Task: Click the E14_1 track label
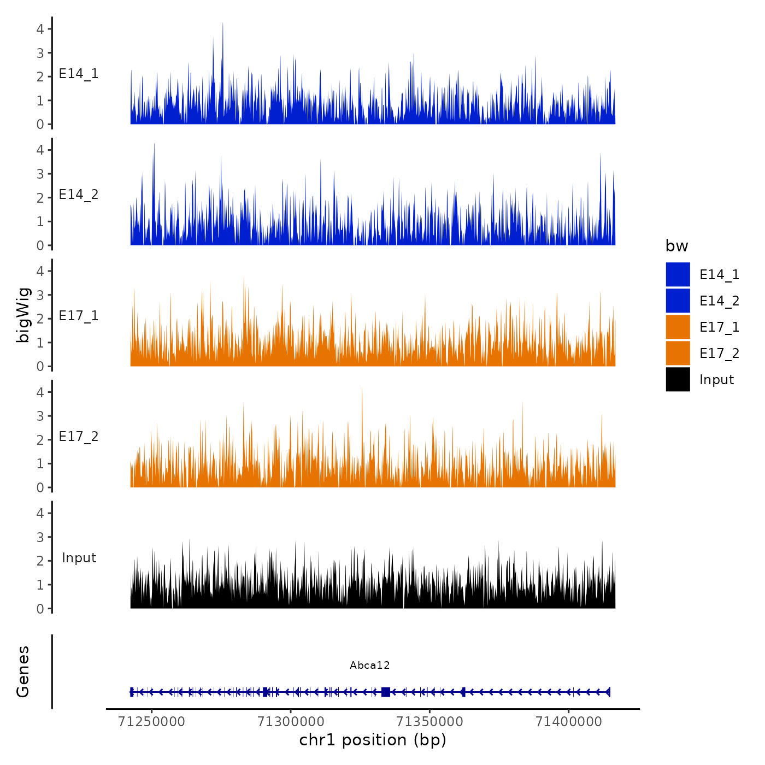(79, 74)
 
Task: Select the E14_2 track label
(79, 195)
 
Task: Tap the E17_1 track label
(79, 316)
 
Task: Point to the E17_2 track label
(79, 437)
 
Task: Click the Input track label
(79, 558)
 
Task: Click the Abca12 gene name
(370, 665)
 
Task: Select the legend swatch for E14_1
(678, 274)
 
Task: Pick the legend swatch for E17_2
(678, 353)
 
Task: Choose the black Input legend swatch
(678, 379)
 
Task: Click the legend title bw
(676, 246)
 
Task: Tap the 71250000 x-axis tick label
(151, 722)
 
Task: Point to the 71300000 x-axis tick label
(291, 722)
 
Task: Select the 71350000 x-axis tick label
(429, 722)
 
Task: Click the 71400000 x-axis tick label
(568, 722)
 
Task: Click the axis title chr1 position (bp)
(373, 740)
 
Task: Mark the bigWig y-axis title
(23, 315)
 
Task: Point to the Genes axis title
(23, 672)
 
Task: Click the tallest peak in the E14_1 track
(222, 25)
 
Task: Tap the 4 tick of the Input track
(40, 513)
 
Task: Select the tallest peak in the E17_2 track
(362, 388)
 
